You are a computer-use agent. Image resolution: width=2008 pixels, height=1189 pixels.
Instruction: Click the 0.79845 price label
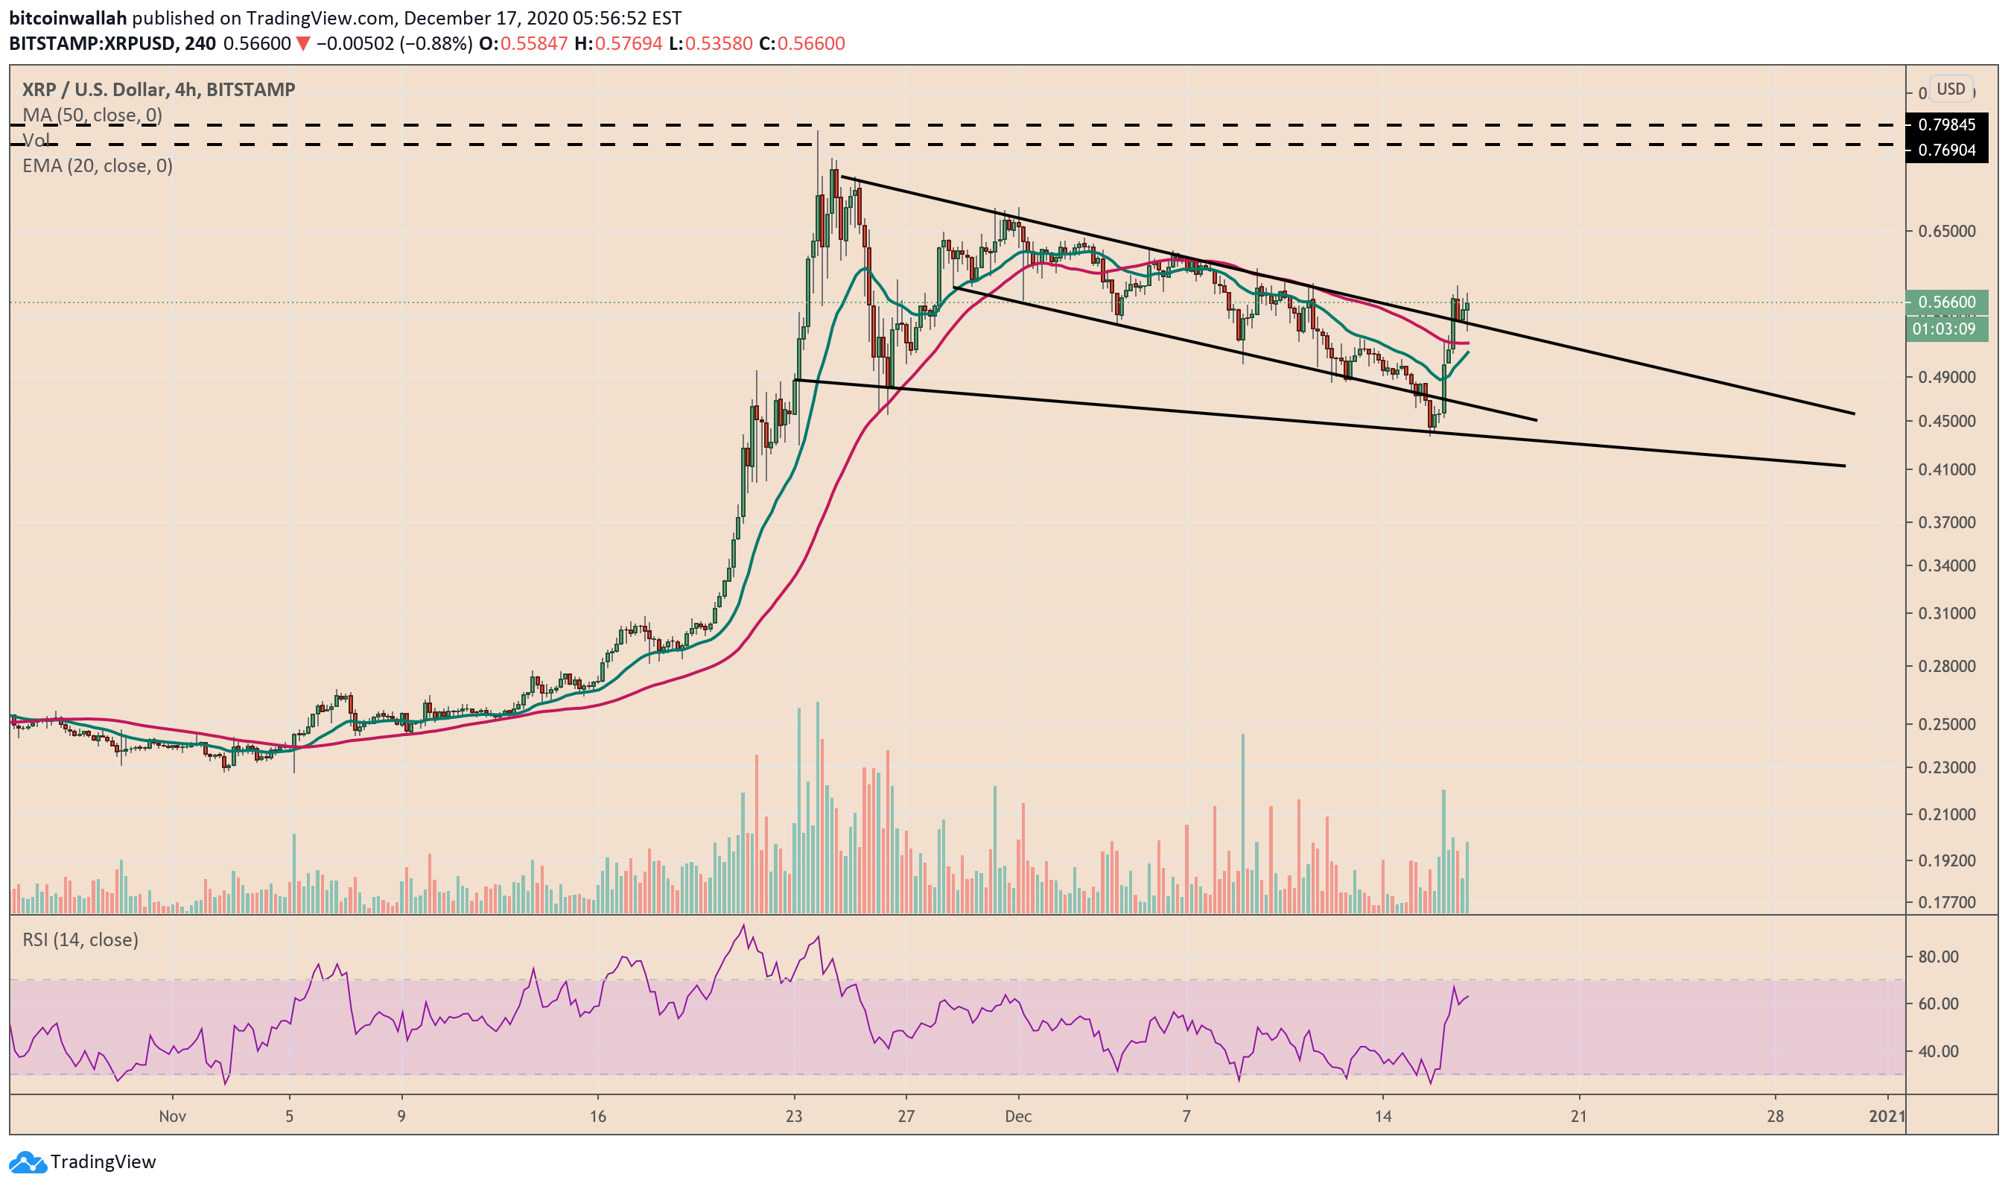coord(1945,125)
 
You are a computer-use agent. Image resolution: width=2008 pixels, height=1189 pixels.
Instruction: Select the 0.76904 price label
coord(1945,150)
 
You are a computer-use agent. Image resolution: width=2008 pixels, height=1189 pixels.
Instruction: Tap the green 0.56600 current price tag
coord(1945,302)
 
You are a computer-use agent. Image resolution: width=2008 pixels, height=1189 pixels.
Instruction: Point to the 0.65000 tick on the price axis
coord(1945,232)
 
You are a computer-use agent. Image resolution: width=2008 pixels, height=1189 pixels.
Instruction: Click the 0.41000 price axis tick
coord(1945,469)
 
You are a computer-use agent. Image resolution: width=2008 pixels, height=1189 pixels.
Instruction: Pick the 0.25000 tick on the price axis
coord(1945,724)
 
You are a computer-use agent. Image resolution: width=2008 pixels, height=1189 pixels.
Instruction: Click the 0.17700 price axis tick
coord(1945,903)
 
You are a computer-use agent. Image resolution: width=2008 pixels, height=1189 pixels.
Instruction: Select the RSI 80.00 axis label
coord(1938,957)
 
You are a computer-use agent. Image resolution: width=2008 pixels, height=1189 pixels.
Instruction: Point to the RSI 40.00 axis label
coord(1938,1051)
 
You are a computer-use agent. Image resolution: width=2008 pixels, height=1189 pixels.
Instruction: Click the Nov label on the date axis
coord(172,1116)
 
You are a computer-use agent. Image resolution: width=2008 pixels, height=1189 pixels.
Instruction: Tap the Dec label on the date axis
coord(1018,1116)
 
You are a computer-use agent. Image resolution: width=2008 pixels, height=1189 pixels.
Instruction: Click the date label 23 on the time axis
coord(794,1116)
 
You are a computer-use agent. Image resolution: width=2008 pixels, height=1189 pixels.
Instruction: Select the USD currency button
coord(1951,89)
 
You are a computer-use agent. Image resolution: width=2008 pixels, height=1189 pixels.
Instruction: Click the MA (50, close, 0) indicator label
coord(92,115)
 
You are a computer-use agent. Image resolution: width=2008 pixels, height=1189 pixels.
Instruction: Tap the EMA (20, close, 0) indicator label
coord(97,166)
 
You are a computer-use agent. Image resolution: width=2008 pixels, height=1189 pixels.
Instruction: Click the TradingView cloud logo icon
coord(28,1161)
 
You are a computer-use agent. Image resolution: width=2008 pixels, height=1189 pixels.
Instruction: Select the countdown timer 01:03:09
coord(1944,329)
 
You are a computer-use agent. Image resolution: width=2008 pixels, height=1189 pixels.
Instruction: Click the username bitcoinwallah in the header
coord(67,18)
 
